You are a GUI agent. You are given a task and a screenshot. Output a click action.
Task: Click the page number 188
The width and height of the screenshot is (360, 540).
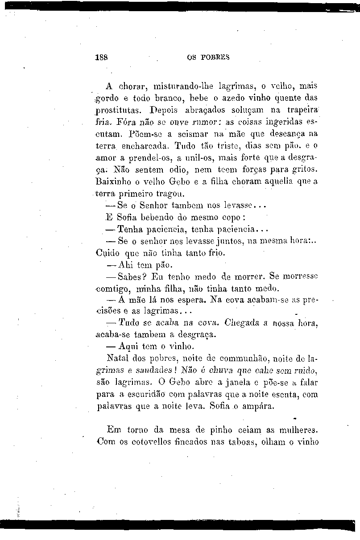tap(103, 58)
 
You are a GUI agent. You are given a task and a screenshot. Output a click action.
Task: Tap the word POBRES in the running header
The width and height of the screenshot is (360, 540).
tap(215, 58)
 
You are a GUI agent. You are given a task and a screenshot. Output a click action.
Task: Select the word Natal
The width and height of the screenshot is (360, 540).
tap(118, 359)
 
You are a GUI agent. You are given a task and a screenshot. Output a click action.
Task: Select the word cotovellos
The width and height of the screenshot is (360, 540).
tap(146, 442)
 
